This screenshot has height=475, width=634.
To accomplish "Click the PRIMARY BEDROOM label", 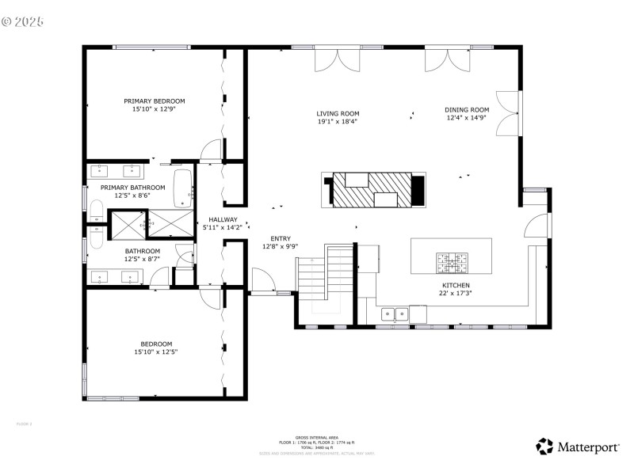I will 155,101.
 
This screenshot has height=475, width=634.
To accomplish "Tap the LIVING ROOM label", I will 338,113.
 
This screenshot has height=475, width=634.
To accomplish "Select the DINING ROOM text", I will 467,110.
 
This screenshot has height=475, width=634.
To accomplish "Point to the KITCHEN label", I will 456,285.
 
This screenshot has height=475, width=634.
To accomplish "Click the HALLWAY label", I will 223,219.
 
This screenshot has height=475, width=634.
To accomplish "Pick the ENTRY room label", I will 281,238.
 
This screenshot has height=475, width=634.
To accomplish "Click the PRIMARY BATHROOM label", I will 132,188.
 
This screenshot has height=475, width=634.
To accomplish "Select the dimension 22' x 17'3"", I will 456,293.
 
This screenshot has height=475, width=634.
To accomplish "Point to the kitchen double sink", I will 391,314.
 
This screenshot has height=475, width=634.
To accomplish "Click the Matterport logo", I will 578,447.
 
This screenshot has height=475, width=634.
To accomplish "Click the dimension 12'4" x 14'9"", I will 467,118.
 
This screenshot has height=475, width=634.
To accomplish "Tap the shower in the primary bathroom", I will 127,223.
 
